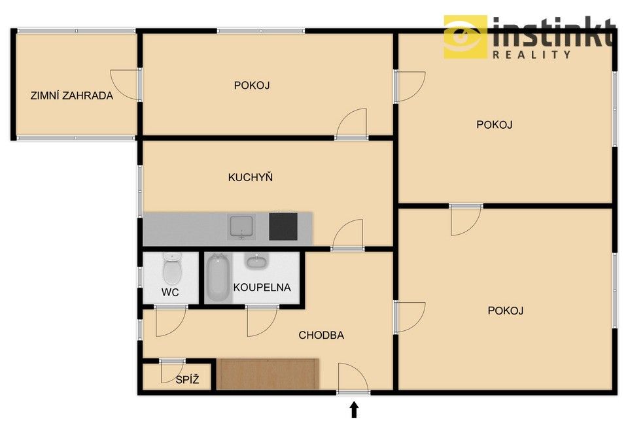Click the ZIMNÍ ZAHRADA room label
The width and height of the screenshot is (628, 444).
(72, 95)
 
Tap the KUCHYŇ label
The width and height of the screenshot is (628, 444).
(251, 177)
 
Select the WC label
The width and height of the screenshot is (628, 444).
(171, 292)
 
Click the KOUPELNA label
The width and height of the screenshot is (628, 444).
(262, 287)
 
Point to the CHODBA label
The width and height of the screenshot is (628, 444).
(321, 335)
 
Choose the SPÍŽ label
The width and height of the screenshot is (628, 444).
(186, 379)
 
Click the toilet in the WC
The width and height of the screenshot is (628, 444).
(171, 268)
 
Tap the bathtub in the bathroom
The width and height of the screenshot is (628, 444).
(218, 279)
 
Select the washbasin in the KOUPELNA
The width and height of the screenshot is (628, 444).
(255, 262)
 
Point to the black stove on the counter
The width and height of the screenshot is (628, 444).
(283, 226)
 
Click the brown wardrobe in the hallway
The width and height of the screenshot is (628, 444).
(268, 373)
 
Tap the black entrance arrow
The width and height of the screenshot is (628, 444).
(354, 410)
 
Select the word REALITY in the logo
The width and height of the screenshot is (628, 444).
(531, 55)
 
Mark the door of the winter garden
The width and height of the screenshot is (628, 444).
(126, 84)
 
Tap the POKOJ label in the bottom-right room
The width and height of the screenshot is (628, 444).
(506, 311)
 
